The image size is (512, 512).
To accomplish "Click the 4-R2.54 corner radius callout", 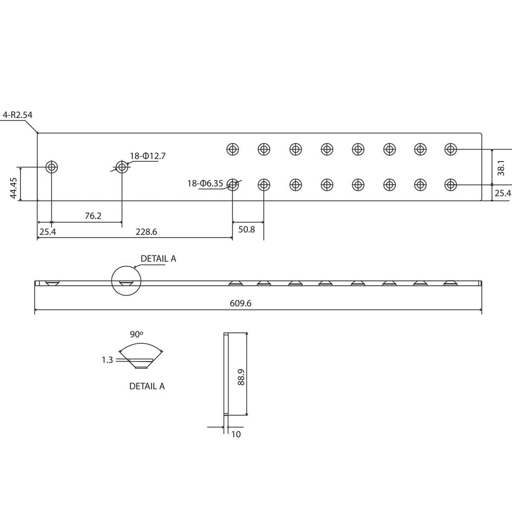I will [17, 115].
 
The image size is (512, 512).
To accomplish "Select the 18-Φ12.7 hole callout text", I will [147, 156].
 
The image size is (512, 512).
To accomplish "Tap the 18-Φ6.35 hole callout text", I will [205, 183].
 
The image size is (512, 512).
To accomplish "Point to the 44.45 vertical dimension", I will [14, 188].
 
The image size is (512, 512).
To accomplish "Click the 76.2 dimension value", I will [93, 216].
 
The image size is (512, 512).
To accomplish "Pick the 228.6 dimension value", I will [146, 232].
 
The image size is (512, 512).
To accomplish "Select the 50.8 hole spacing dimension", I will [246, 229].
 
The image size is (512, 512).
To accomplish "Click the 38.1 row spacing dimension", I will [501, 167].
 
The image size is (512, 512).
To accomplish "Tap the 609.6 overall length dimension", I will [241, 304].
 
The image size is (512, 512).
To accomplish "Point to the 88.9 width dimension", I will [241, 378].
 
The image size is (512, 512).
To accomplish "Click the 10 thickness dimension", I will [236, 434].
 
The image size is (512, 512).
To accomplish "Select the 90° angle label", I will [137, 334].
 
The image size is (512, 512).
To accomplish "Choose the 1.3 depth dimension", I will [107, 360].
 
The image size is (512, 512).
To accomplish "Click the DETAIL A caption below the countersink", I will [147, 386].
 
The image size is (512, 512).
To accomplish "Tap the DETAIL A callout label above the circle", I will [158, 259].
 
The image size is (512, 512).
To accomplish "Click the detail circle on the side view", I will [126, 281].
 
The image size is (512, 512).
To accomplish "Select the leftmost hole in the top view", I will [52, 167].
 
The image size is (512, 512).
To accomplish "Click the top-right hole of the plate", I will [451, 149].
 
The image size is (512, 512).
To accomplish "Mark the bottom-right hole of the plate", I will [451, 184].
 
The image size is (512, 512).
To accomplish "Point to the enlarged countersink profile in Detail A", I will [140, 362].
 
